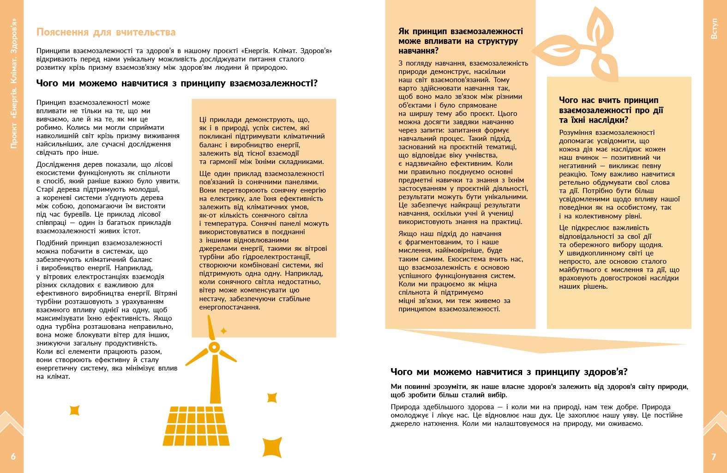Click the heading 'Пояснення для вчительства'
[106, 32]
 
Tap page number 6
[13, 456]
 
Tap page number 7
[714, 456]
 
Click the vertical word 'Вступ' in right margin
[714, 29]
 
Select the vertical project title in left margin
[14, 83]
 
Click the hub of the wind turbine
[213, 347]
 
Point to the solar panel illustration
[196, 425]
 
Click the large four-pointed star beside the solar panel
[272, 447]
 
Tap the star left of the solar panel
[74, 410]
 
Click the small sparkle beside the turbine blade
[224, 331]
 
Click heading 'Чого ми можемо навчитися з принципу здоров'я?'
[509, 372]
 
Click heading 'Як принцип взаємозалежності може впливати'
[460, 41]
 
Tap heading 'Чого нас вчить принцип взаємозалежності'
[611, 110]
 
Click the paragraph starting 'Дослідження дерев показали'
[108, 197]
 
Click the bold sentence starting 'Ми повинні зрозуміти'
[539, 391]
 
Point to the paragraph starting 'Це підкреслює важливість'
[619, 257]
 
